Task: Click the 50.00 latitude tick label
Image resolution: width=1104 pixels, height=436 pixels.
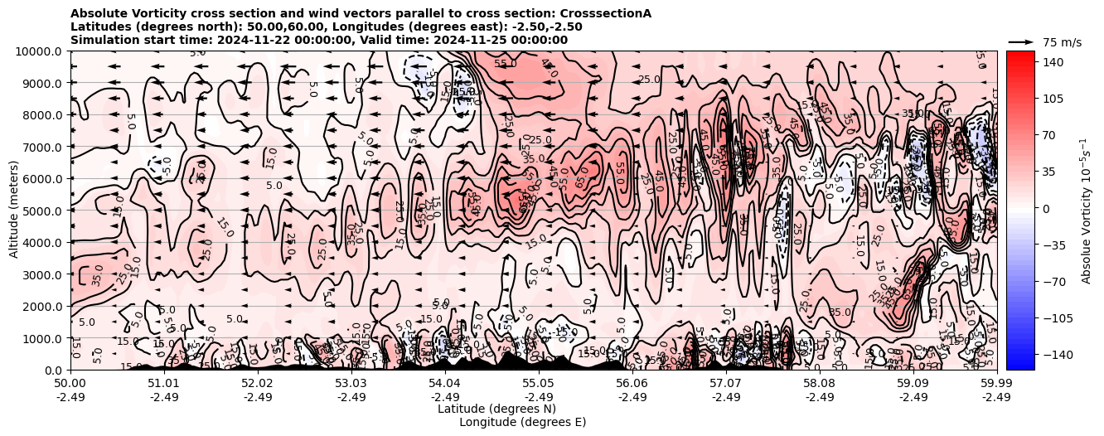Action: tap(70, 384)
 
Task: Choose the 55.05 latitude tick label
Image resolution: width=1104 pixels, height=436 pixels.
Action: tap(539, 384)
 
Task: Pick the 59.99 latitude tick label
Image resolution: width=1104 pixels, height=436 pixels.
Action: tap(996, 384)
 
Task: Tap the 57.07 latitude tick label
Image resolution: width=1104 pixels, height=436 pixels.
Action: tap(726, 384)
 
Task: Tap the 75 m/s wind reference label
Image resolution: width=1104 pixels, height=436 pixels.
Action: tap(1062, 42)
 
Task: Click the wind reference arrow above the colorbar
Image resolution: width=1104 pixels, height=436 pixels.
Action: tap(1020, 41)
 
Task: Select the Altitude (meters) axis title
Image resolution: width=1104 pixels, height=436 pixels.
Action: tap(14, 211)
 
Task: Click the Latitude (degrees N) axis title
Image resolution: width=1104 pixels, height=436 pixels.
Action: tap(496, 409)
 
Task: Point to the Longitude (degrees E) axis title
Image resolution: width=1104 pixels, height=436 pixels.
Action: tap(522, 423)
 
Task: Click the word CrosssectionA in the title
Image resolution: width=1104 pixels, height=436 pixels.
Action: tap(606, 13)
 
